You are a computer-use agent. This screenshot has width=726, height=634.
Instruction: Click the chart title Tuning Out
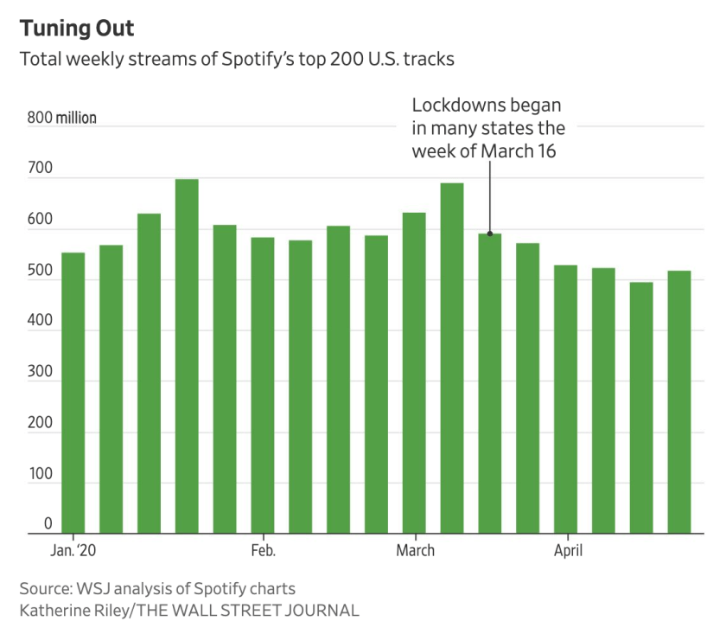pos(78,29)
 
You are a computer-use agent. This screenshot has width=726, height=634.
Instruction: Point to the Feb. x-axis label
pos(263,551)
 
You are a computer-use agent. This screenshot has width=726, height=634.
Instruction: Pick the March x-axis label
pos(416,551)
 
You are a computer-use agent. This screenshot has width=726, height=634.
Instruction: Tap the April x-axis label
pos(567,551)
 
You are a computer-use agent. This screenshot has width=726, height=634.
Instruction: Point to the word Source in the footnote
pos(47,589)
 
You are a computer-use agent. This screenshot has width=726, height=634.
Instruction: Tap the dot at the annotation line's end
pos(490,234)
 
